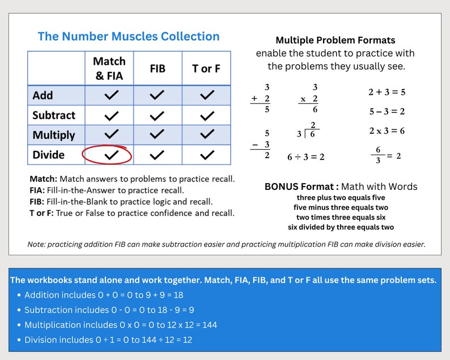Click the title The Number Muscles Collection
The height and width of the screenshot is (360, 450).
click(x=129, y=37)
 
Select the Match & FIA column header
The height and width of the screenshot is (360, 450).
click(x=109, y=68)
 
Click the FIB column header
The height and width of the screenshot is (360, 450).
click(x=158, y=69)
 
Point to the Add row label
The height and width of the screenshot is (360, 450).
click(x=43, y=95)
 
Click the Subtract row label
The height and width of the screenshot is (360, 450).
click(x=54, y=115)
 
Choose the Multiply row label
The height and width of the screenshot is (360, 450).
click(x=54, y=135)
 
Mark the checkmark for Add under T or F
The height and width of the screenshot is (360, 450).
click(x=207, y=95)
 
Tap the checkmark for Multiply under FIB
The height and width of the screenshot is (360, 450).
click(x=158, y=135)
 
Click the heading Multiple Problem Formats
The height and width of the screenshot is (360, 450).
click(x=335, y=40)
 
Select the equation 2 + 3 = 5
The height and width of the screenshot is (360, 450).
click(x=387, y=92)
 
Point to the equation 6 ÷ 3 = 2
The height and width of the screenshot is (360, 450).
click(x=306, y=157)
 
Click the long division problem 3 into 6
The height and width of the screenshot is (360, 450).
click(x=307, y=131)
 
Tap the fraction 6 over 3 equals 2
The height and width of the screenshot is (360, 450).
click(x=385, y=155)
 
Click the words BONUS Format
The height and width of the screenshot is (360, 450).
click(x=302, y=187)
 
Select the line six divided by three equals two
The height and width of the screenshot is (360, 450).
click(x=341, y=227)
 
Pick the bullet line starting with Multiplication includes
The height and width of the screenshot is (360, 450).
click(x=121, y=325)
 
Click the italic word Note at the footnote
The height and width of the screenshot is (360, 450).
click(x=36, y=244)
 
